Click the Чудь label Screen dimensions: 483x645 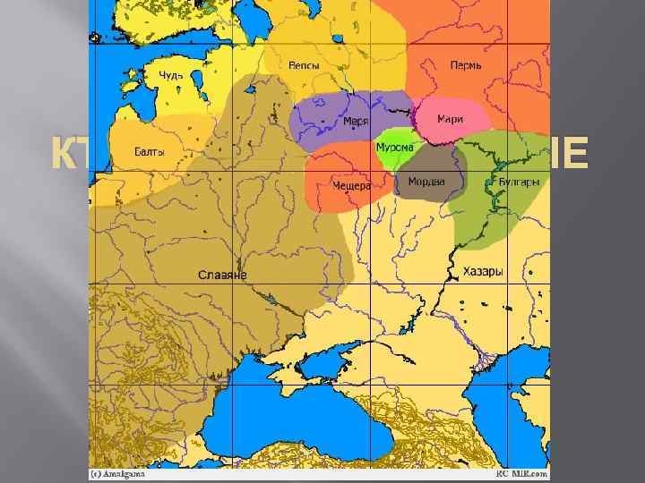click(x=171, y=75)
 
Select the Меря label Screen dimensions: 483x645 click(x=357, y=122)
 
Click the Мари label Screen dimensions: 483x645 click(x=450, y=119)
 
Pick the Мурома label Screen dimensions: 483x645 click(x=393, y=147)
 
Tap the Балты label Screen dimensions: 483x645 click(x=149, y=152)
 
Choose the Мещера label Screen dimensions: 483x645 click(x=351, y=185)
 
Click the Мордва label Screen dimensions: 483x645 click(x=426, y=182)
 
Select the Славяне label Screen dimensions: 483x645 click(x=222, y=275)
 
